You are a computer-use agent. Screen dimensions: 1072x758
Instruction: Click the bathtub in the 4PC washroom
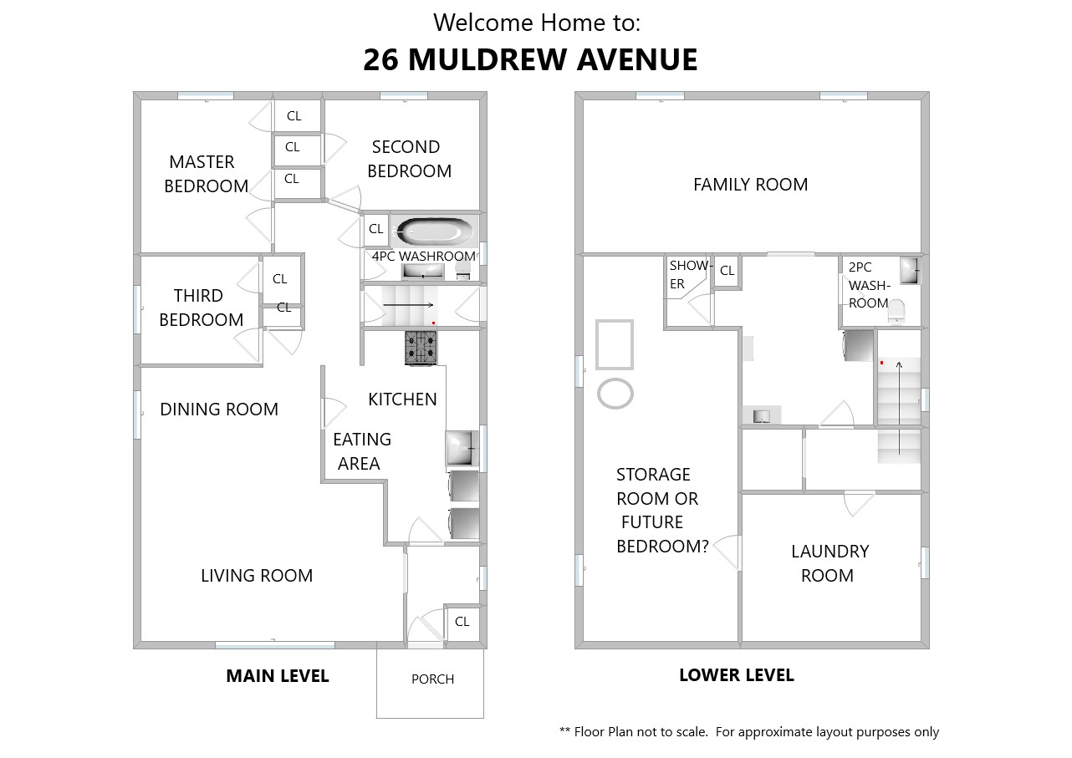pyautogui.click(x=435, y=231)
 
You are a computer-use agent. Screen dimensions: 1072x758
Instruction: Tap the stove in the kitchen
pyautogui.click(x=421, y=348)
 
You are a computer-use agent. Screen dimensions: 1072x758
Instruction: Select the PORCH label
pyautogui.click(x=432, y=679)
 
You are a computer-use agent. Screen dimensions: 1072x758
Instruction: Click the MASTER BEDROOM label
pyautogui.click(x=206, y=174)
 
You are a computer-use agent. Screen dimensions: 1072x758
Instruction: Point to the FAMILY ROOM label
pyautogui.click(x=750, y=185)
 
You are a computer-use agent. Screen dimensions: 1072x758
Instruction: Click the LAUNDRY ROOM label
pyautogui.click(x=830, y=563)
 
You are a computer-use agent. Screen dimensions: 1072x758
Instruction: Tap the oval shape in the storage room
pyautogui.click(x=615, y=394)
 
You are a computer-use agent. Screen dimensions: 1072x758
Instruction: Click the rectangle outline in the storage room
pyautogui.click(x=615, y=344)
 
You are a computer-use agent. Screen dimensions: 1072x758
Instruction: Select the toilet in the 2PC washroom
pyautogui.click(x=896, y=312)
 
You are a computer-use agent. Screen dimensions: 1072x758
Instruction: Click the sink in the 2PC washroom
pyautogui.click(x=909, y=271)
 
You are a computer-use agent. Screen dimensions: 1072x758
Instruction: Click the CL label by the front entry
pyautogui.click(x=462, y=622)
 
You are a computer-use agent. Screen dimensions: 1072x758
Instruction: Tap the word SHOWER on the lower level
pyautogui.click(x=689, y=274)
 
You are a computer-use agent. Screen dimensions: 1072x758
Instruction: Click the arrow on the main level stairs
pyautogui.click(x=408, y=305)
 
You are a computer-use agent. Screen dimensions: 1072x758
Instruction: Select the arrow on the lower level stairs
pyautogui.click(x=899, y=408)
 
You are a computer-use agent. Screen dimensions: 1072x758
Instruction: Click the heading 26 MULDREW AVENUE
pyautogui.click(x=530, y=60)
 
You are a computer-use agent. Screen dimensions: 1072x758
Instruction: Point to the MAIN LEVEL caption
pyautogui.click(x=278, y=676)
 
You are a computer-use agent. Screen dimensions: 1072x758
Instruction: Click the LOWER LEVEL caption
pyautogui.click(x=737, y=675)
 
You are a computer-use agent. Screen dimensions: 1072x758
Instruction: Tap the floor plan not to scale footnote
pyautogui.click(x=749, y=732)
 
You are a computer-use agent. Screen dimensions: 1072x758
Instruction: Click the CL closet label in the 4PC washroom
pyautogui.click(x=375, y=229)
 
